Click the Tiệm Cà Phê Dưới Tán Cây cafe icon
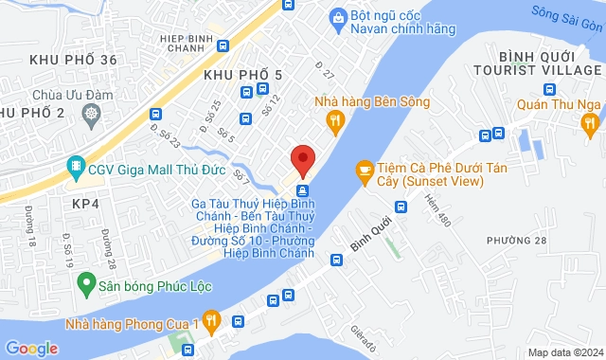(364, 170)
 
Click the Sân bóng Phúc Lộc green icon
(86, 282)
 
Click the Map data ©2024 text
(564, 352)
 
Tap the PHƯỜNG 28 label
(517, 240)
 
